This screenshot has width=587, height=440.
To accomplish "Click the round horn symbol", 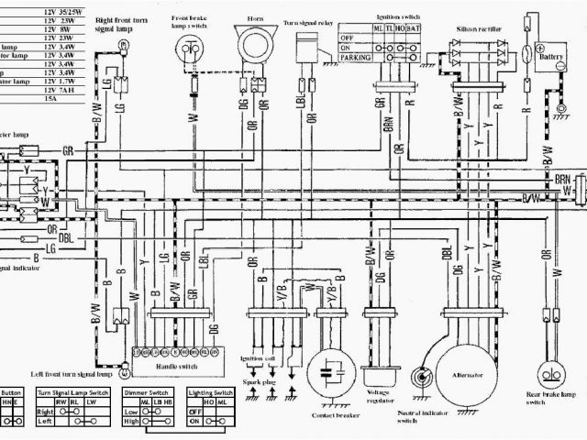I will coord(252,46).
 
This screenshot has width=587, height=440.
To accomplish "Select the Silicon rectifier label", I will coord(479,28).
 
